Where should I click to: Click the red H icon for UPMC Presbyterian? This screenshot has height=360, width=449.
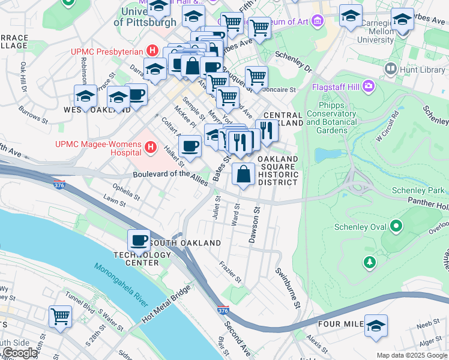pos(152,52)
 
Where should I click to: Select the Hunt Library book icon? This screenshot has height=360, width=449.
pos(391,70)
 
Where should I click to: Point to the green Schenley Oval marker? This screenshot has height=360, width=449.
pos(396,226)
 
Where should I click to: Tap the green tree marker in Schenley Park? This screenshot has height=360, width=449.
pos(370,262)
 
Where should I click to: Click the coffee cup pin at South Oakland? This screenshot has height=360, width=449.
pos(139,241)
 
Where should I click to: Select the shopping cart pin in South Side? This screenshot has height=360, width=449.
pos(59,316)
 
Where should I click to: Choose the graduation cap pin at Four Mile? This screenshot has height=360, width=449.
pos(376,326)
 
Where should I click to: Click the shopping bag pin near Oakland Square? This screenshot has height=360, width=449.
pos(243,175)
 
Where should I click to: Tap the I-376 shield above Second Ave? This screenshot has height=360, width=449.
pos(223,310)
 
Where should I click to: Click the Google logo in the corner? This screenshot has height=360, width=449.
pos(19,353)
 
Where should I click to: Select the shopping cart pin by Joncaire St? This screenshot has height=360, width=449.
pos(256,76)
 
